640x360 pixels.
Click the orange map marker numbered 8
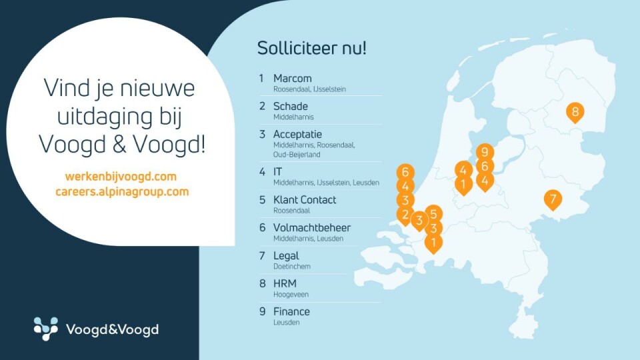click(575, 111)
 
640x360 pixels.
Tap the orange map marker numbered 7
click(553, 199)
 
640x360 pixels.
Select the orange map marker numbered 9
click(485, 152)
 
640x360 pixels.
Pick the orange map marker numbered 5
click(433, 213)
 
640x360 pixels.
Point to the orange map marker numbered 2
click(405, 215)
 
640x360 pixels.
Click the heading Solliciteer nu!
click(312, 48)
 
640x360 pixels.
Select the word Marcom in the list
click(292, 78)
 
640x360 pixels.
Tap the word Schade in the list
click(290, 106)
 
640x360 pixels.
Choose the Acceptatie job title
click(297, 134)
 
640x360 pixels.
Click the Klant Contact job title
click(305, 199)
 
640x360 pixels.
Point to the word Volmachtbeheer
click(312, 228)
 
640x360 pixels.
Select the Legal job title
click(286, 256)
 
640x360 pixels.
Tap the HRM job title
click(285, 284)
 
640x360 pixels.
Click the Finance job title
click(291, 311)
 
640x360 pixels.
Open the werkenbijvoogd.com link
click(121, 177)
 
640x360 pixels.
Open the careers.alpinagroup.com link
click(122, 191)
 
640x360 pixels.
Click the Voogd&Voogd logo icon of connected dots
click(46, 329)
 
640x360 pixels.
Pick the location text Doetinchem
click(292, 267)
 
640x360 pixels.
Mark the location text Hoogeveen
click(291, 295)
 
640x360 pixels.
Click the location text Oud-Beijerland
click(297, 155)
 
